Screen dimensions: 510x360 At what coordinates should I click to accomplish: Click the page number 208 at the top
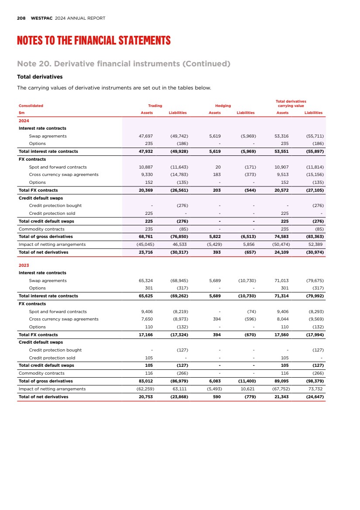21,18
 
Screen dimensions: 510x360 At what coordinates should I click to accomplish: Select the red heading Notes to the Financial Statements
93,41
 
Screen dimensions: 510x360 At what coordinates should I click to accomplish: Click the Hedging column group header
223,106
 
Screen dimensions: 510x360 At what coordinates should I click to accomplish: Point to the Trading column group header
155,106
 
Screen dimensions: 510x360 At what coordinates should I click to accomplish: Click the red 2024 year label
24,121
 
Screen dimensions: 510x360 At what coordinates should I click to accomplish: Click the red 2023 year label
24,265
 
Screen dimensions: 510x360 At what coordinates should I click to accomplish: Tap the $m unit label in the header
21,113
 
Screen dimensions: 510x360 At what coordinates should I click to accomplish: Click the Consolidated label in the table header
31,106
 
